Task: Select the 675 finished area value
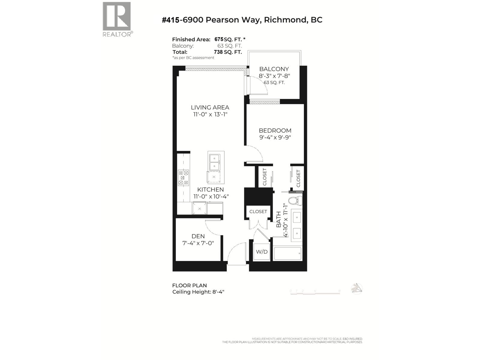click(x=219, y=39)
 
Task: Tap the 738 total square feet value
click(x=218, y=52)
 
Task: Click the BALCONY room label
click(x=274, y=69)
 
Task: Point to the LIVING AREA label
click(x=210, y=107)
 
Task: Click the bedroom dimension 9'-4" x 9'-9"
click(x=275, y=138)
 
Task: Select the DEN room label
click(x=198, y=236)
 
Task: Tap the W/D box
click(x=262, y=252)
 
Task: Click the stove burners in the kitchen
click(x=183, y=178)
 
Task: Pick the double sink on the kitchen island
click(x=214, y=162)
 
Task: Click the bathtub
click(x=287, y=254)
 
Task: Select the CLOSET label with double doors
click(x=258, y=211)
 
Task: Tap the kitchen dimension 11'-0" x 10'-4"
click(x=211, y=196)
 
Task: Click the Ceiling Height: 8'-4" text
click(x=198, y=292)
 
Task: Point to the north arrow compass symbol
click(x=356, y=289)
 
